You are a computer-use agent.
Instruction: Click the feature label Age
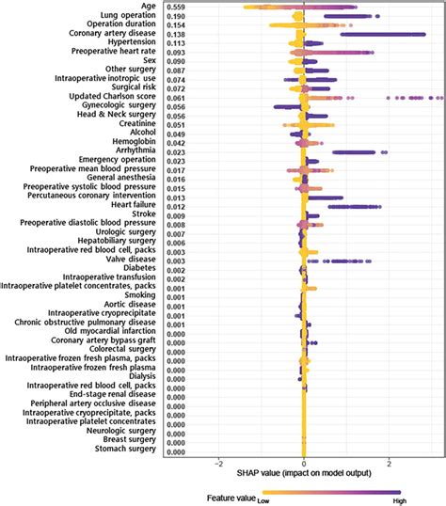coord(151,8)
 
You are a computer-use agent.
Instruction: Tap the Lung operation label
coord(131,17)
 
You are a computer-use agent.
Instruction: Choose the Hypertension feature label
coord(133,43)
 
